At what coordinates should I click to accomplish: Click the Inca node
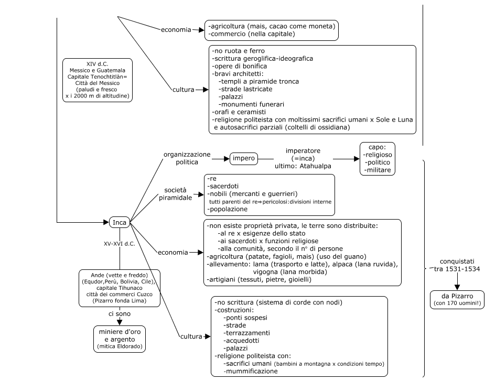[x=120, y=223]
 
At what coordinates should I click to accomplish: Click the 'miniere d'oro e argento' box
[x=120, y=338]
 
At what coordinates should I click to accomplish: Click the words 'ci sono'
[x=120, y=313]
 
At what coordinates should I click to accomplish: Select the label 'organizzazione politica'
[x=187, y=158]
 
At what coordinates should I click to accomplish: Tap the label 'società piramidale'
[x=176, y=193]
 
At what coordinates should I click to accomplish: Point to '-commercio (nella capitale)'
[x=252, y=34]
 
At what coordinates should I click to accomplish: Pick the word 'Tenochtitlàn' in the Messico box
[x=115, y=76]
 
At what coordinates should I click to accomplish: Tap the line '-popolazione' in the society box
[x=229, y=209]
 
